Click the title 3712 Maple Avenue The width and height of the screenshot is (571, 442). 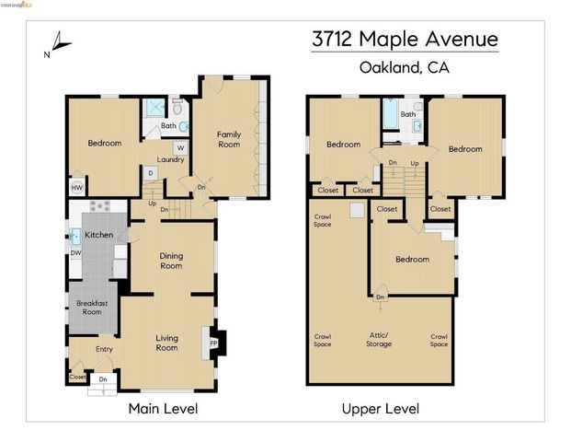[x=404, y=40]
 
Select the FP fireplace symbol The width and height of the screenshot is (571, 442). [x=213, y=343]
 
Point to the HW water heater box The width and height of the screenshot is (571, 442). [x=76, y=187]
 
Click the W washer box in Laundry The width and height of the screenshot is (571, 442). [x=180, y=147]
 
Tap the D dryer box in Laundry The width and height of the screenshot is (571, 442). [x=150, y=172]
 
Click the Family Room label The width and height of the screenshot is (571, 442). [x=229, y=139]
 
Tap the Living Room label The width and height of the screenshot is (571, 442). [x=166, y=343]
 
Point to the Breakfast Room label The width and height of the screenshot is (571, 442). [x=91, y=307]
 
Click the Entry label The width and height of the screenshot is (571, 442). [x=104, y=349]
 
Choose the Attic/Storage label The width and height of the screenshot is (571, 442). [x=378, y=340]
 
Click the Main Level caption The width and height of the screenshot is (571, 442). [x=163, y=408]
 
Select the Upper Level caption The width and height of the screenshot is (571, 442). [x=380, y=408]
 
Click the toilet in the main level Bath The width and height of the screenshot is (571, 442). [x=183, y=126]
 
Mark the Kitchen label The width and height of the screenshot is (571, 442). [x=99, y=236]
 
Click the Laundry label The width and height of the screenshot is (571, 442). [x=170, y=159]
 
